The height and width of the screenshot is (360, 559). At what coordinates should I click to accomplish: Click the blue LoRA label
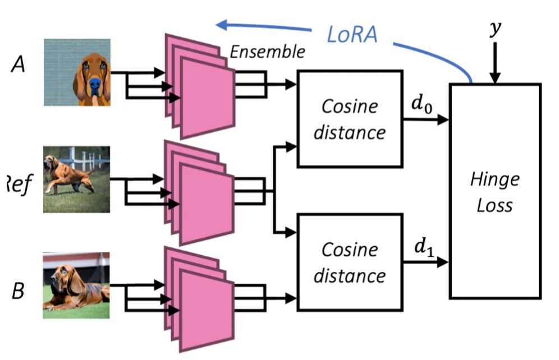pyautogui.click(x=352, y=34)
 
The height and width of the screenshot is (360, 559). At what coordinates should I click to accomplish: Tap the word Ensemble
pyautogui.click(x=267, y=52)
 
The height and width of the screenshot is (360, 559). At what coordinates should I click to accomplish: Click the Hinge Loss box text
pyautogui.click(x=494, y=192)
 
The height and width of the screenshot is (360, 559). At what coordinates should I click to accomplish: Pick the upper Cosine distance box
pyautogui.click(x=350, y=119)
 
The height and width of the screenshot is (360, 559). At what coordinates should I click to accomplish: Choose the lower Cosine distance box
pyautogui.click(x=350, y=262)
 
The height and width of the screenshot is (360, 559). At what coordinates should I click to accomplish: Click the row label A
pyautogui.click(x=18, y=66)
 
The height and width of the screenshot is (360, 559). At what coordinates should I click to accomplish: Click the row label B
pyautogui.click(x=18, y=291)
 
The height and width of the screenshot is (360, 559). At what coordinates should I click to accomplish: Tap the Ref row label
pyautogui.click(x=17, y=183)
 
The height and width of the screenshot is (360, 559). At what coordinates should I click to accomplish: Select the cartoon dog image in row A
pyautogui.click(x=77, y=72)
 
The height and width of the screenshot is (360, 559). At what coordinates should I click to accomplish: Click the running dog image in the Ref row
pyautogui.click(x=76, y=179)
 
